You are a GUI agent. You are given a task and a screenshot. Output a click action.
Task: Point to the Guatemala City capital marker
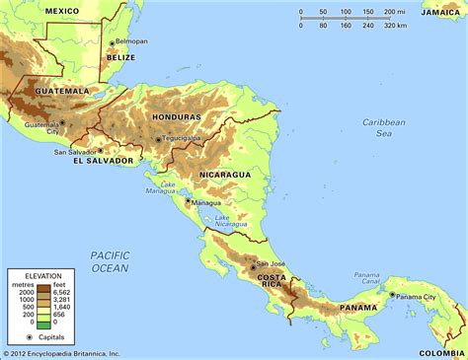[x=62, y=123]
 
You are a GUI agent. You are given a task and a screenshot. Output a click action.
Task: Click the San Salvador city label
[x=75, y=152]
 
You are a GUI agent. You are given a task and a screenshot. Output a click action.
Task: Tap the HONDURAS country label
[x=177, y=117]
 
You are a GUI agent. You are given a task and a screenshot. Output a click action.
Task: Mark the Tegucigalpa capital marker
[x=158, y=139]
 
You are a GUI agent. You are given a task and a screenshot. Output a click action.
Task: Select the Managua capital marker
[x=187, y=202]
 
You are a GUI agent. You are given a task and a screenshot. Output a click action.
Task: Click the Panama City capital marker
[x=391, y=294]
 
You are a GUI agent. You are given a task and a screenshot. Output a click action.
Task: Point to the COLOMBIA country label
[x=440, y=352]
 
